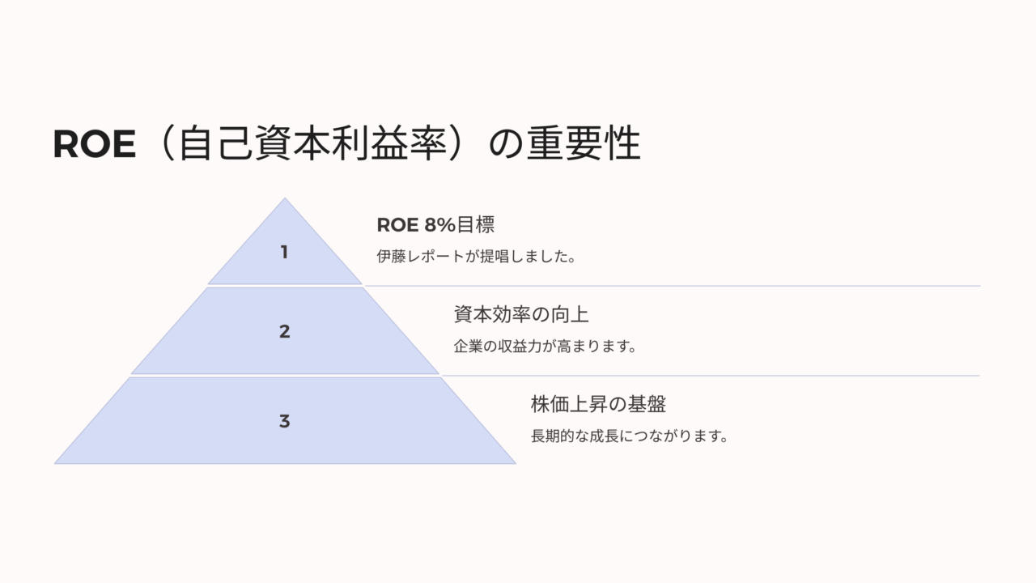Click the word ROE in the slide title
coord(95,144)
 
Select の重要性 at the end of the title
coord(565,143)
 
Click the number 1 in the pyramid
coord(284,252)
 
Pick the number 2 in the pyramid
coord(284,331)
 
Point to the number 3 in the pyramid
coord(284,421)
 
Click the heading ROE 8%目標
coord(435,225)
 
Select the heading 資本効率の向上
coord(520,315)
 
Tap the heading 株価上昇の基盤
coord(598,404)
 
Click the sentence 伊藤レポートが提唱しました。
coord(477,257)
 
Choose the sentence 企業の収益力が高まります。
coord(546,346)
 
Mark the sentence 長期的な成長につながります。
coord(630,436)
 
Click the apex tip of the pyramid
coord(285,198)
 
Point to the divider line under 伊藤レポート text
coord(673,286)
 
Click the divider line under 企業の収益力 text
coord(711,376)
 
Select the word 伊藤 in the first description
coord(391,257)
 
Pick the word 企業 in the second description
coord(468,346)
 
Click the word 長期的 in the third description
coord(552,436)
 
